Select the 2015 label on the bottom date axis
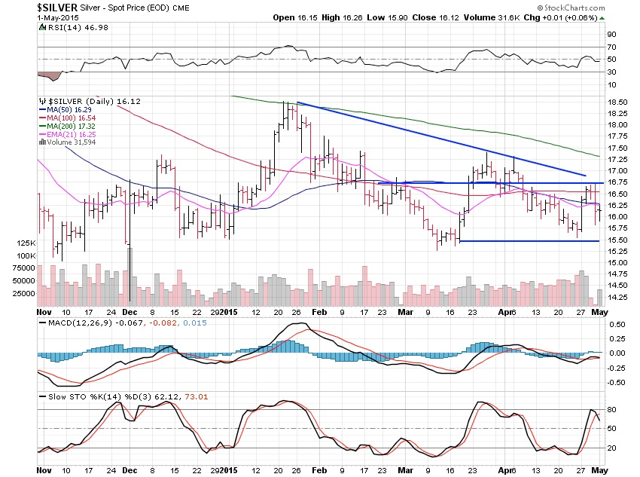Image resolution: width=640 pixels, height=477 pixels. [227, 311]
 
